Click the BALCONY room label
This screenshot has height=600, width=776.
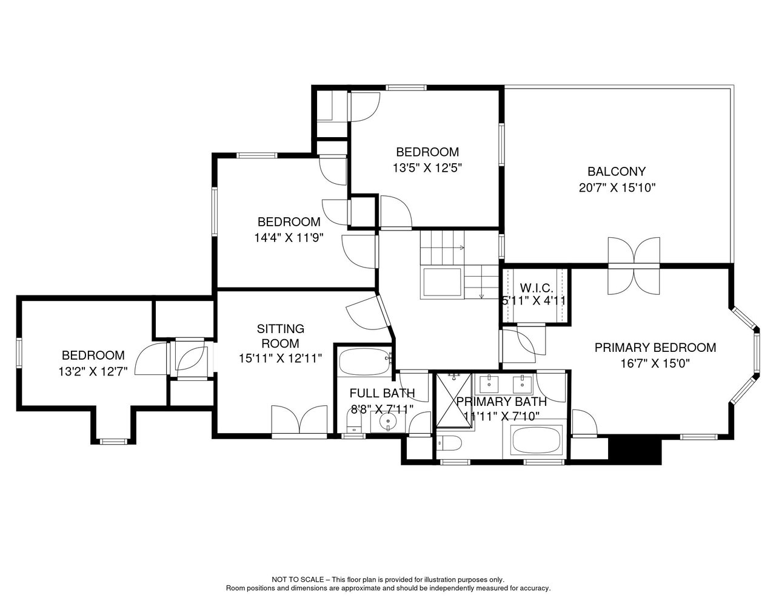(617, 172)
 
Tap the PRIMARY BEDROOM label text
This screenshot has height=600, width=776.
(655, 348)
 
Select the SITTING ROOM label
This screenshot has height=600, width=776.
(280, 336)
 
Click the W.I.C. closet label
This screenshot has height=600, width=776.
(537, 288)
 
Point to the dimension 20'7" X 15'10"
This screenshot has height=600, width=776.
(617, 187)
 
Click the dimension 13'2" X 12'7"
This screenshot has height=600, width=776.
(93, 372)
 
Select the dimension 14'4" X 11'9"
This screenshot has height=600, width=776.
(289, 238)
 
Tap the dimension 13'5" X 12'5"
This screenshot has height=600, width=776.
(427, 167)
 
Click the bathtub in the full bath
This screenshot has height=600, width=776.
(364, 362)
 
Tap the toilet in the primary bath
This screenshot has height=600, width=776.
(450, 443)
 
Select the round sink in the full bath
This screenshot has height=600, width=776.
(387, 421)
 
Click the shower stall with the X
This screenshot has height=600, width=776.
(454, 400)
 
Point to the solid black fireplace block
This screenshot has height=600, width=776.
(635, 450)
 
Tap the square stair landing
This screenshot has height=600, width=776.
(442, 282)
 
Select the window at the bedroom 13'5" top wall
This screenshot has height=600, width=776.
(406, 87)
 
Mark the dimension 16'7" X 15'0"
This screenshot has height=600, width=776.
(655, 364)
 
